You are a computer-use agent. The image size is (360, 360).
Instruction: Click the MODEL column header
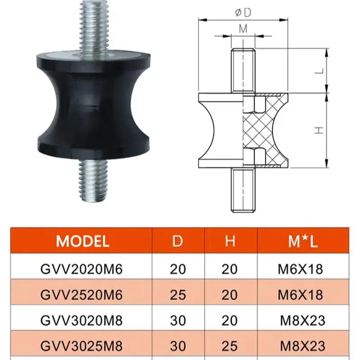coord(83,242)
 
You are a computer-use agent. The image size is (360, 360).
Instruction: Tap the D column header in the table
coord(178,242)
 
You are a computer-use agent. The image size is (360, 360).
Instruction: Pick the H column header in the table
coord(230,242)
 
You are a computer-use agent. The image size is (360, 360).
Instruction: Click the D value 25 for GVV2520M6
coord(178,295)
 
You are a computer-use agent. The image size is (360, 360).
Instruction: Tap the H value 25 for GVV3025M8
coord(230,346)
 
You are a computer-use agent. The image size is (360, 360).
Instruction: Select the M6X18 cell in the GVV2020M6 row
coord(301,270)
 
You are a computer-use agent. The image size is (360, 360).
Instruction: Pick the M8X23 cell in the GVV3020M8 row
coord(302,321)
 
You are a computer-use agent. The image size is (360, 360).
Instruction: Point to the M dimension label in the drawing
coord(243,28)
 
